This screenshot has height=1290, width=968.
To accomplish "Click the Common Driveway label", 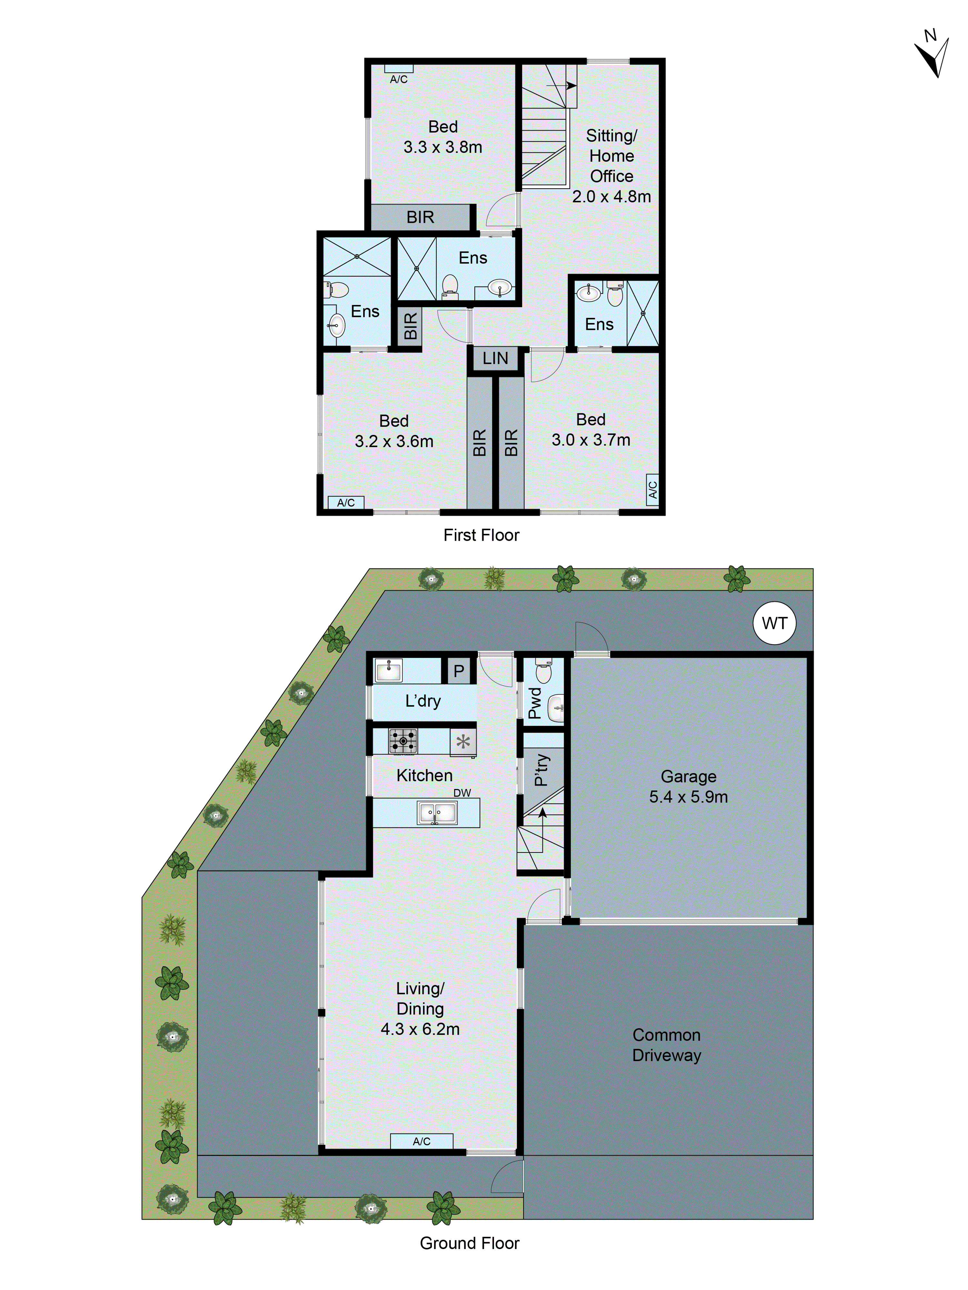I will [666, 1045].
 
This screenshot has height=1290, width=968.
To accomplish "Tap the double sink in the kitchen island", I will [437, 812].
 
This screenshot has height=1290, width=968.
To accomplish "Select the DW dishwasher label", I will [462, 793].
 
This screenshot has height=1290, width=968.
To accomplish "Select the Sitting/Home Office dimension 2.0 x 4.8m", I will [611, 197].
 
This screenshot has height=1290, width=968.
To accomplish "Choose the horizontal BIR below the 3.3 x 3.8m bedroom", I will [420, 217].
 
